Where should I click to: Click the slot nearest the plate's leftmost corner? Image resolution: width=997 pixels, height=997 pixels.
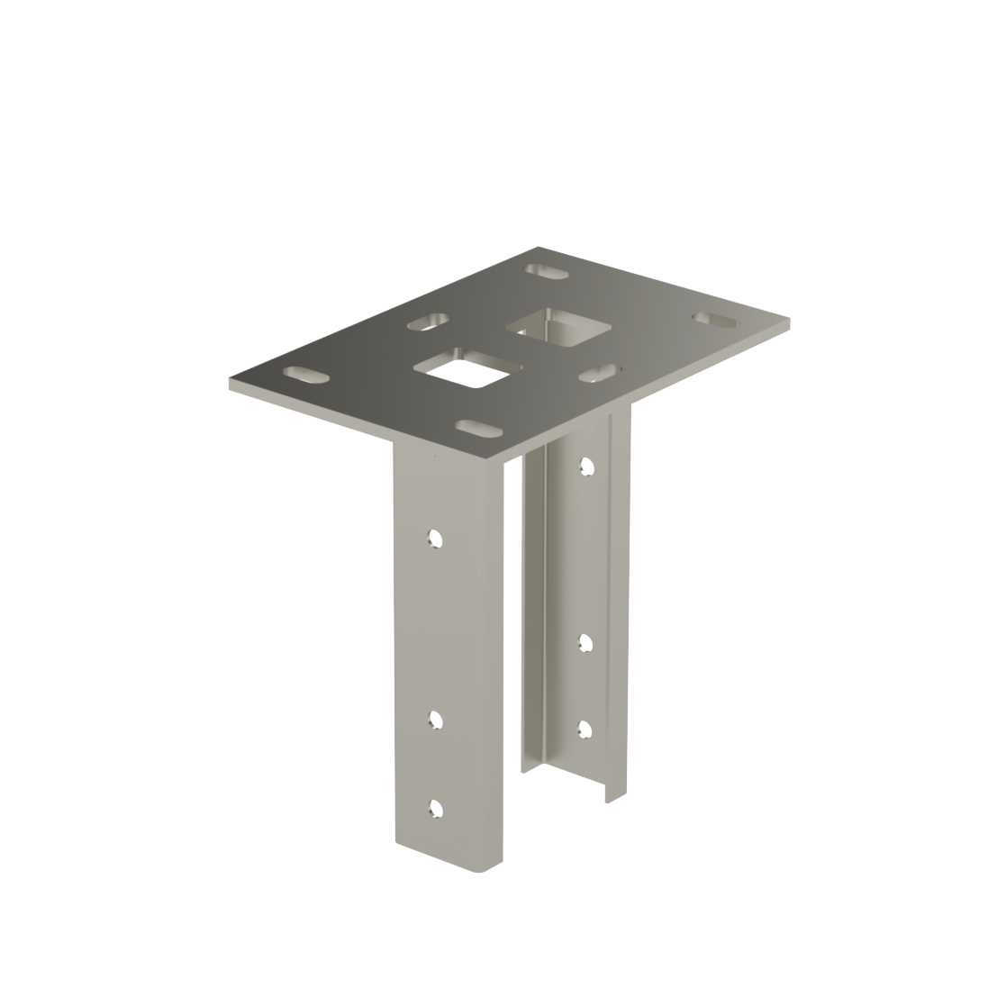pos(306,373)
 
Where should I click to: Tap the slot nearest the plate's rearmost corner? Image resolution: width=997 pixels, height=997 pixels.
pos(546,270)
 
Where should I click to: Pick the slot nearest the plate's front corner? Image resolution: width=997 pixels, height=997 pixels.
pos(478,427)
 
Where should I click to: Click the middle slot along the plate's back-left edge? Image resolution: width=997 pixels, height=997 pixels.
pos(428,321)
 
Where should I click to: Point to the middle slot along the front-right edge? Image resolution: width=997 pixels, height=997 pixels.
pos(601,371)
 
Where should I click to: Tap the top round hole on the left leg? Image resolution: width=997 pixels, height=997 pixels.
pos(436,539)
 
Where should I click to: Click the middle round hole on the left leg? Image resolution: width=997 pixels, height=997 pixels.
pos(437,720)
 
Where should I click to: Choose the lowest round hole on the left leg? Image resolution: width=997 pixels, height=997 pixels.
pos(437,808)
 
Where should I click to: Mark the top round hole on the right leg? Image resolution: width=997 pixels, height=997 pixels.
pos(587,467)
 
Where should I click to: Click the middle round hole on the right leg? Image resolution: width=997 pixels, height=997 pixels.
pos(587,643)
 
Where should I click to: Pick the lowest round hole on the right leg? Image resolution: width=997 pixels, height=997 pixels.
pos(586,729)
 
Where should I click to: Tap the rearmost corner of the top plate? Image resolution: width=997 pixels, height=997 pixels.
pos(538,247)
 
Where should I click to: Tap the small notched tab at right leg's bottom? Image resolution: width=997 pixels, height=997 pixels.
pos(612,794)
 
